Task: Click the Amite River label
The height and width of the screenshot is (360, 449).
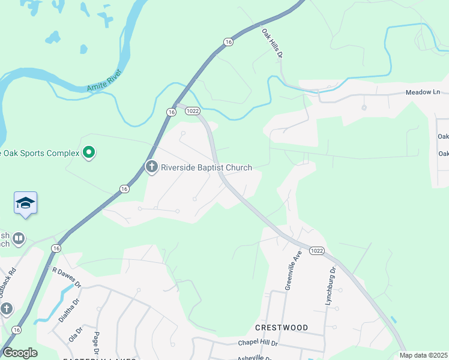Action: point(104,81)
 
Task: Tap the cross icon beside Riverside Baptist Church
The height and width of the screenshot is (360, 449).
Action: point(151,167)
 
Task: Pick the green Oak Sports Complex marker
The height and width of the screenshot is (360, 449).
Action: point(89,153)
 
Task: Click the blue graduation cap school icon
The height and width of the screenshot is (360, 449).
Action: point(26,203)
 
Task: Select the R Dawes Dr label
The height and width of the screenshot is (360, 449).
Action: point(65,277)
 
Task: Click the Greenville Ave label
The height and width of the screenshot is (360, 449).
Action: point(295,271)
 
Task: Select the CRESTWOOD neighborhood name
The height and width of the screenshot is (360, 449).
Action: point(282,328)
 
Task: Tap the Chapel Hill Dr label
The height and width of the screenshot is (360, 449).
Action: point(258,343)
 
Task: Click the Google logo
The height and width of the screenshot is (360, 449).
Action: point(20,353)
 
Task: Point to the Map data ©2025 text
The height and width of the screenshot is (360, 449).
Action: point(424,355)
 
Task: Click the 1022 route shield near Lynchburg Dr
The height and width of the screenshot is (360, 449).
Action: point(318,250)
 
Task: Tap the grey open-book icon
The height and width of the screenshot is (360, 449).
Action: point(19,239)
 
